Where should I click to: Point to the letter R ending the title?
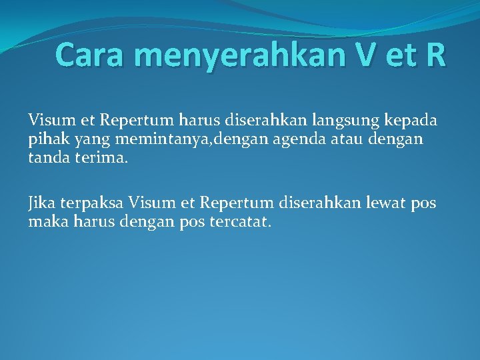(x=433, y=54)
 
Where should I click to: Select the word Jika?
(x=41, y=203)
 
